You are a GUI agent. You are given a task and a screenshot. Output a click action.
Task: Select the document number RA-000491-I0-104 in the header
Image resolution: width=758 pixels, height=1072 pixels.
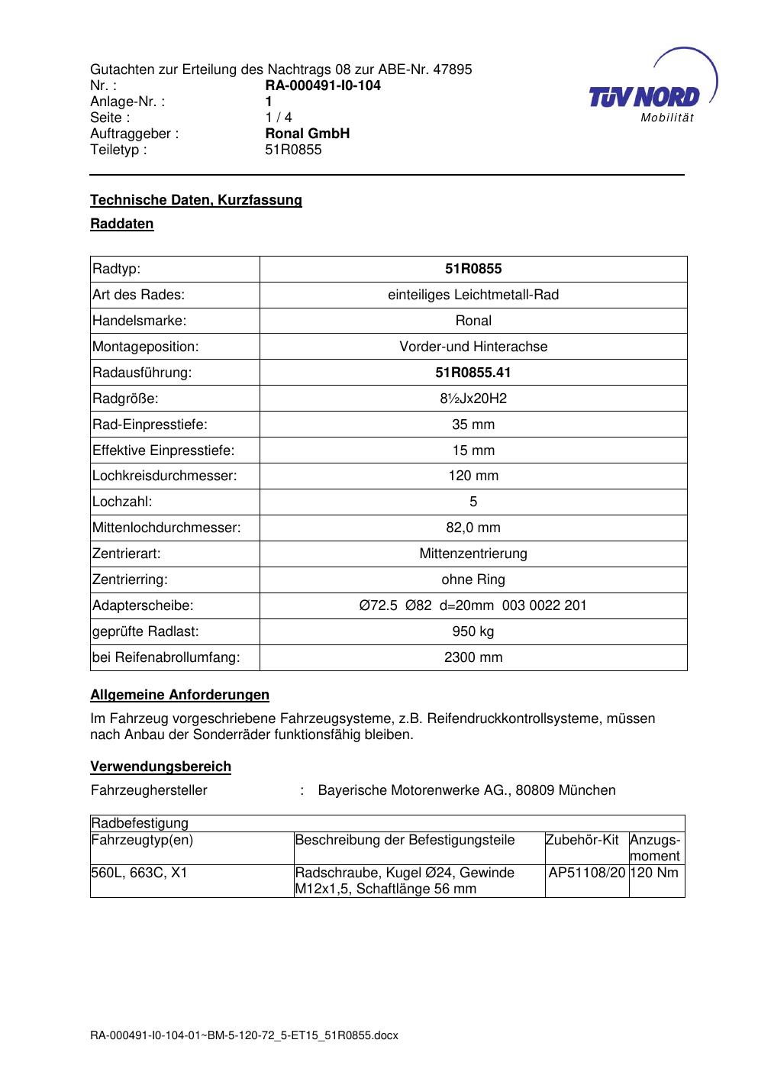323,86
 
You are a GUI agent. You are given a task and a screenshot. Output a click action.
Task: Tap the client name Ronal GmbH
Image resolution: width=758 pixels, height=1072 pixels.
307,134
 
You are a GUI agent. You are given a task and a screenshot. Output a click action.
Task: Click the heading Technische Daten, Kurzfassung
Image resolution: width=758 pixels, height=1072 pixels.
196,200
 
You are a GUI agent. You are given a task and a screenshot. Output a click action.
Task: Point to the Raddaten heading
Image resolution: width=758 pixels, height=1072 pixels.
122,224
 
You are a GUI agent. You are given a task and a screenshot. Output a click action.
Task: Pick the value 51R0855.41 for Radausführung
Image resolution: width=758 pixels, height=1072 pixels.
473,373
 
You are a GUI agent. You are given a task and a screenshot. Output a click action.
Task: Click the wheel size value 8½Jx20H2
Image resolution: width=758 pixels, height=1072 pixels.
473,399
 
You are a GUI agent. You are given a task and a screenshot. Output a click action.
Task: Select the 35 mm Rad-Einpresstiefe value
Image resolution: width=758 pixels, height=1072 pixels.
473,425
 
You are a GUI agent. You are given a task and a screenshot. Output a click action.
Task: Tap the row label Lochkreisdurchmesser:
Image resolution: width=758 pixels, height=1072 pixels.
165,476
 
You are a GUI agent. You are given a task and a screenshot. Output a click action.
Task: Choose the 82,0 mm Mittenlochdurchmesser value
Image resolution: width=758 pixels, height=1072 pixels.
473,528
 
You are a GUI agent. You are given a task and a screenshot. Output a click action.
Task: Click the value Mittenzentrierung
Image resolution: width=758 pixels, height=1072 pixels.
473,554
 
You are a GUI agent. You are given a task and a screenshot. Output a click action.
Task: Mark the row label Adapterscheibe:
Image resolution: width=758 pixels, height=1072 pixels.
143,605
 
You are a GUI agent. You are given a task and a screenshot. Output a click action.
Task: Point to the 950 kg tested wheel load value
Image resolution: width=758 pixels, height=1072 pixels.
473,631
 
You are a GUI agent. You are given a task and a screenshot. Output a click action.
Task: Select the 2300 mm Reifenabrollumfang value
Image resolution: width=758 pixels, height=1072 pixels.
473,657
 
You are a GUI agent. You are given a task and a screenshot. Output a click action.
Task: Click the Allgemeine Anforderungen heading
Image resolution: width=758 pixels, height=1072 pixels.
180,695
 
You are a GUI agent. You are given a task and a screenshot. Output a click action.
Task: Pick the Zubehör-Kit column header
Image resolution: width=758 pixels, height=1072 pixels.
582,840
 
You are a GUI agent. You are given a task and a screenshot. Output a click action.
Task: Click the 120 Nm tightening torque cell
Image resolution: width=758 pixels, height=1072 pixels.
655,873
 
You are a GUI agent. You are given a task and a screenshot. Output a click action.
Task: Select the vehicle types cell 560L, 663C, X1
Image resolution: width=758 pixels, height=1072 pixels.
139,873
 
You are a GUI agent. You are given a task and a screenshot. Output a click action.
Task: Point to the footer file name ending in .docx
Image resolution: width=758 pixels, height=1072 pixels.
244,1036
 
